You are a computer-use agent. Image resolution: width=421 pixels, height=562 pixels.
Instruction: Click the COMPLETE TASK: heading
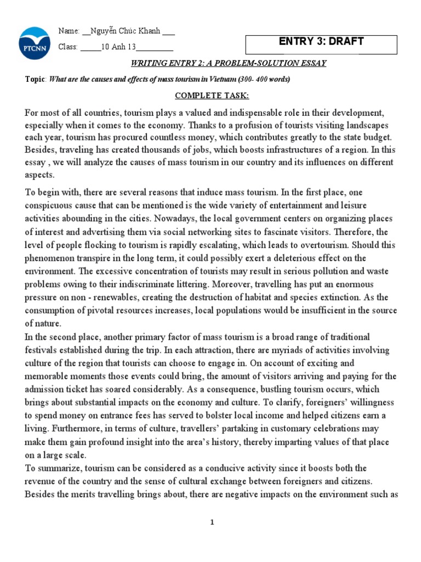click(x=212, y=96)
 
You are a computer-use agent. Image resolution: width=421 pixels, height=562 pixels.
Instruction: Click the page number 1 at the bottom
click(x=212, y=522)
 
